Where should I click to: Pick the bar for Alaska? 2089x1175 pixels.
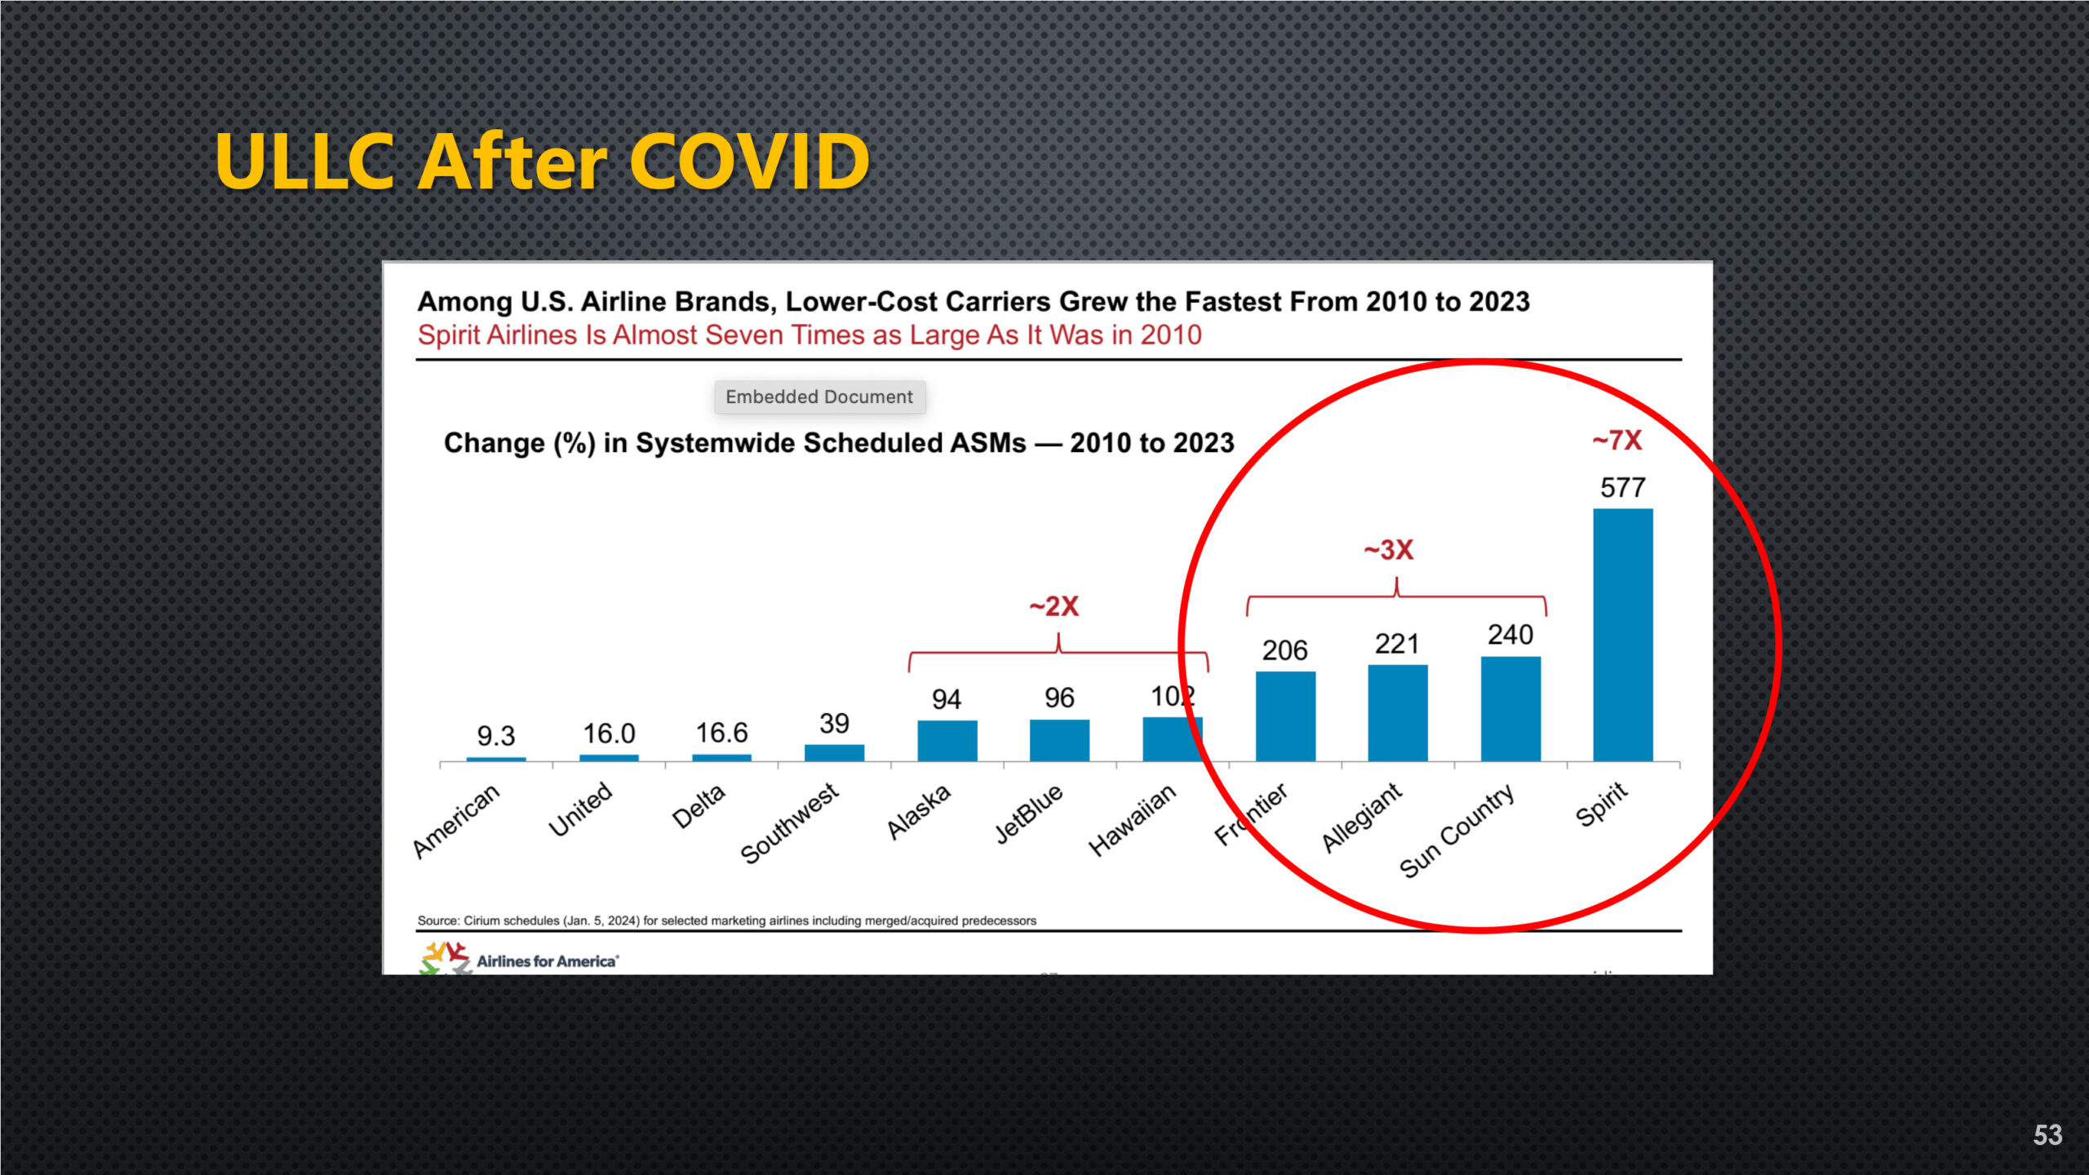947,740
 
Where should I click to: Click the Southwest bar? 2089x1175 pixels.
834,752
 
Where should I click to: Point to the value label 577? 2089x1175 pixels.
1622,488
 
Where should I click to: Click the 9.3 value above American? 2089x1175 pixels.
496,736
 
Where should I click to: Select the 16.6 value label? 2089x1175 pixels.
721,733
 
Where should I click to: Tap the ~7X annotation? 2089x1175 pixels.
1617,441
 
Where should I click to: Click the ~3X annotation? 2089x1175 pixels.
1389,550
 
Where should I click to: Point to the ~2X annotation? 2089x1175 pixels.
1054,606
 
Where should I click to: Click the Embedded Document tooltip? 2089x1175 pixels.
819,397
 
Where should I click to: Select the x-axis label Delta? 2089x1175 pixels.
699,806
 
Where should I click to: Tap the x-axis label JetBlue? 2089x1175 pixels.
1030,813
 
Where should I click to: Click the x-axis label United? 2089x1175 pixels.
580,809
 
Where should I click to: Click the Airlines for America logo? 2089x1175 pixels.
520,959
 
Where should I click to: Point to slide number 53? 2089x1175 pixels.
2047,1135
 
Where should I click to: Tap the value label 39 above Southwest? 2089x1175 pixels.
834,723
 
